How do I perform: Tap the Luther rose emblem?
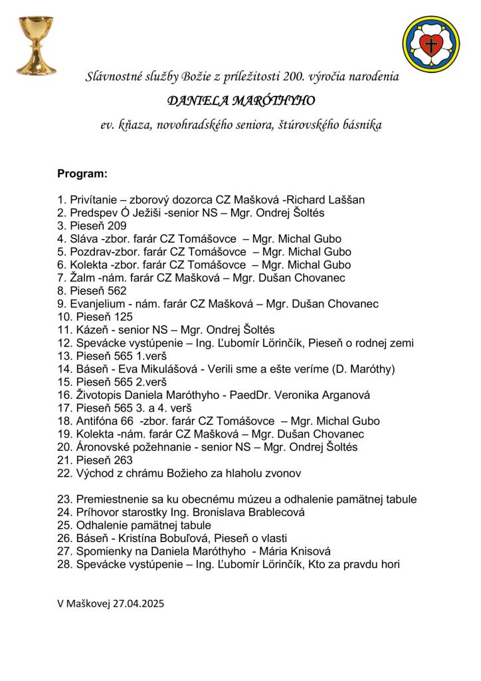(431, 45)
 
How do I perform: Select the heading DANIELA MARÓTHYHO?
(241, 101)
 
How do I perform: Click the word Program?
(82, 174)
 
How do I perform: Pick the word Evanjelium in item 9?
(101, 304)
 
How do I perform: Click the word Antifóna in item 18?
(98, 421)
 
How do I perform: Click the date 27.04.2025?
(138, 604)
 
